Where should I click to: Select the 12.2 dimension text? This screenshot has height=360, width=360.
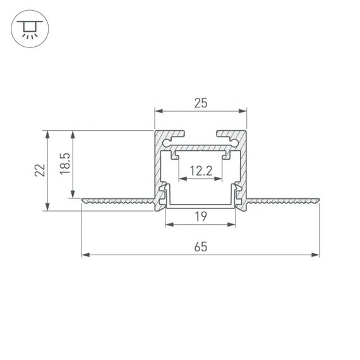tap(201, 171)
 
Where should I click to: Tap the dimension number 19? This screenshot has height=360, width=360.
tap(201, 217)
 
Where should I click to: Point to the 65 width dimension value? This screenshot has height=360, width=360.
tap(201, 247)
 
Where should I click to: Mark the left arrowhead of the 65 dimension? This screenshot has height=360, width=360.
tap(85, 255)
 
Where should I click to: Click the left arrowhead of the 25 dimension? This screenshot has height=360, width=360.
tap(159, 111)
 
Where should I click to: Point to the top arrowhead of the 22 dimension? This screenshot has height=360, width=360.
tap(47, 135)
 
